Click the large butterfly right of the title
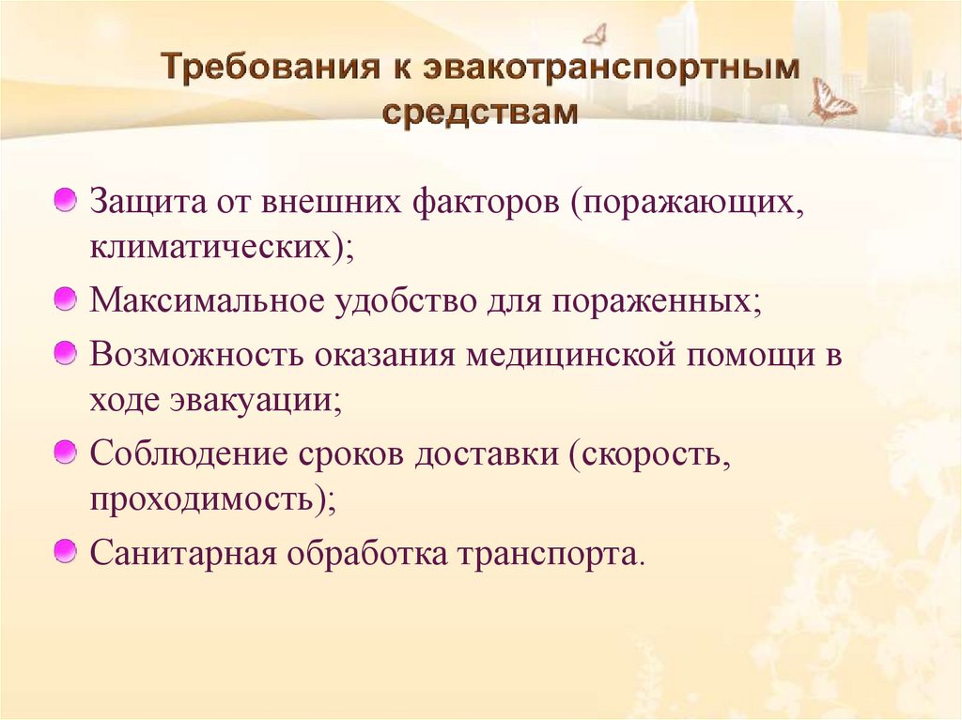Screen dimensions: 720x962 [832, 101]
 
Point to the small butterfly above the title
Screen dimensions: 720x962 [594, 35]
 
